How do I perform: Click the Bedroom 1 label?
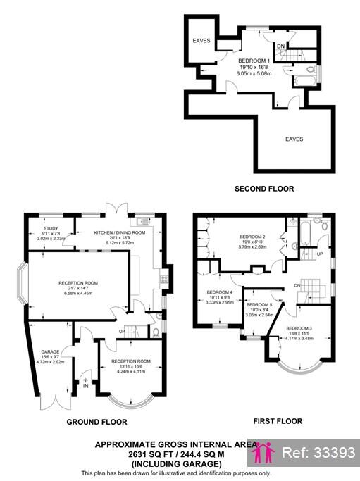[x=254, y=61]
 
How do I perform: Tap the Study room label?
[x=50, y=228]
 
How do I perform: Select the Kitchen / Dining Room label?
[x=120, y=232]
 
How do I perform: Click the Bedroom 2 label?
[x=252, y=236]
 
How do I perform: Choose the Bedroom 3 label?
[x=299, y=328]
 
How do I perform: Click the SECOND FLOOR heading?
[x=265, y=189]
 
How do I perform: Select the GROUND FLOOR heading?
[x=97, y=422]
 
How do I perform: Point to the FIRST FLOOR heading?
[x=278, y=421]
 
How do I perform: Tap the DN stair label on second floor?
[x=280, y=47]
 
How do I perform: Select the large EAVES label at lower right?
[x=294, y=139]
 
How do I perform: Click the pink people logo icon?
[x=264, y=453]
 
